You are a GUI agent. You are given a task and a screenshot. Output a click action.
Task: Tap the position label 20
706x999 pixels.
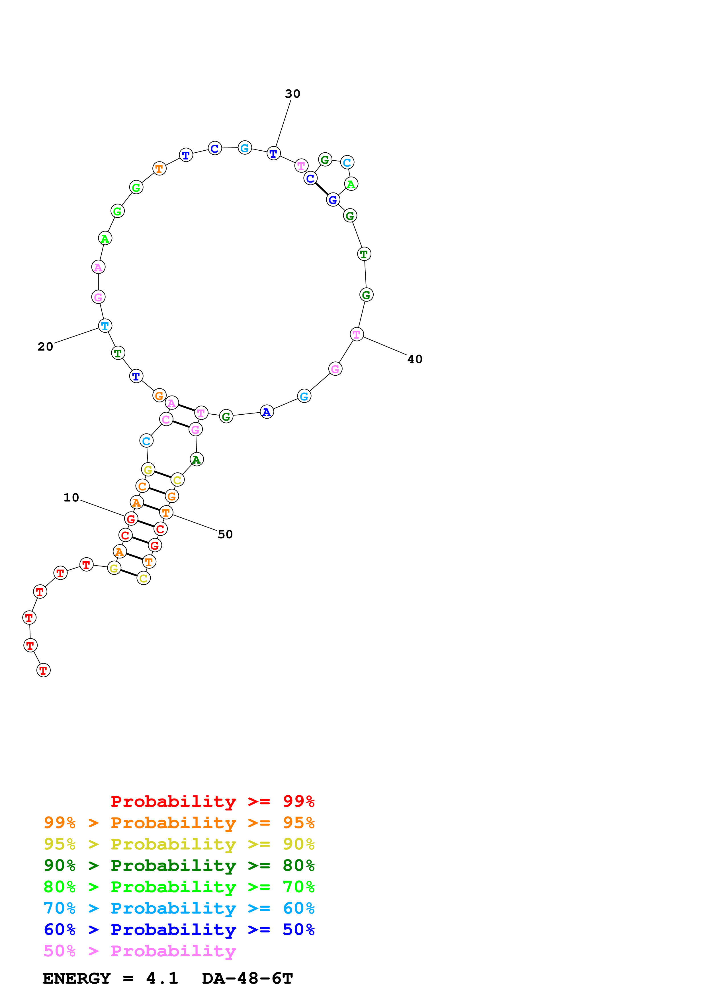45,347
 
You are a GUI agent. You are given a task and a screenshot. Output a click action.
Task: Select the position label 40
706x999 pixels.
415,359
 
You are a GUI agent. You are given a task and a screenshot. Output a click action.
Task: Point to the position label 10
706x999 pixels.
71,498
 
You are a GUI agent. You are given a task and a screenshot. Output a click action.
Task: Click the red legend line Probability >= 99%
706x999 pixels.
212,801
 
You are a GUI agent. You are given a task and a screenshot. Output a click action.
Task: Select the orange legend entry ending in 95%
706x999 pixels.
179,823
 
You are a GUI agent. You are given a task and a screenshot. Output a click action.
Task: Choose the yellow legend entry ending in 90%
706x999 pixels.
179,844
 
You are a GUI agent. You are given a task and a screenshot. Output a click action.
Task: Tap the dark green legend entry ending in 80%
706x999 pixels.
179,865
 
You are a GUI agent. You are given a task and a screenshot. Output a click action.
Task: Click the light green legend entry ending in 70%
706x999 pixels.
179,887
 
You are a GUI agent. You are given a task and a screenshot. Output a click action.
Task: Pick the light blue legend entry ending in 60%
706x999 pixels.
179,908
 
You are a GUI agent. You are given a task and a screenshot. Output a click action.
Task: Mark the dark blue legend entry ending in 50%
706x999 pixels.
179,930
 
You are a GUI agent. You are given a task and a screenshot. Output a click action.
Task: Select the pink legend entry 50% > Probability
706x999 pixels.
140,951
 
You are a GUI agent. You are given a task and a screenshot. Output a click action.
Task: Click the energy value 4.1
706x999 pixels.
162,978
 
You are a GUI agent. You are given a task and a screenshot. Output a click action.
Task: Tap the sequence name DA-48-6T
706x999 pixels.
247,978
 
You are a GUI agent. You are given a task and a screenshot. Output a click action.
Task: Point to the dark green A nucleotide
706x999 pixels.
197,459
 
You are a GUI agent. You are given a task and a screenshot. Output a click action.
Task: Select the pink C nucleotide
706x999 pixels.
166,419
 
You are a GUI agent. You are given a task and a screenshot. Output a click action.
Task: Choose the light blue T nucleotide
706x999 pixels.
105,326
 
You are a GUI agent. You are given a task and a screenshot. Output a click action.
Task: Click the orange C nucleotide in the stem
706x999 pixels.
142,486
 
